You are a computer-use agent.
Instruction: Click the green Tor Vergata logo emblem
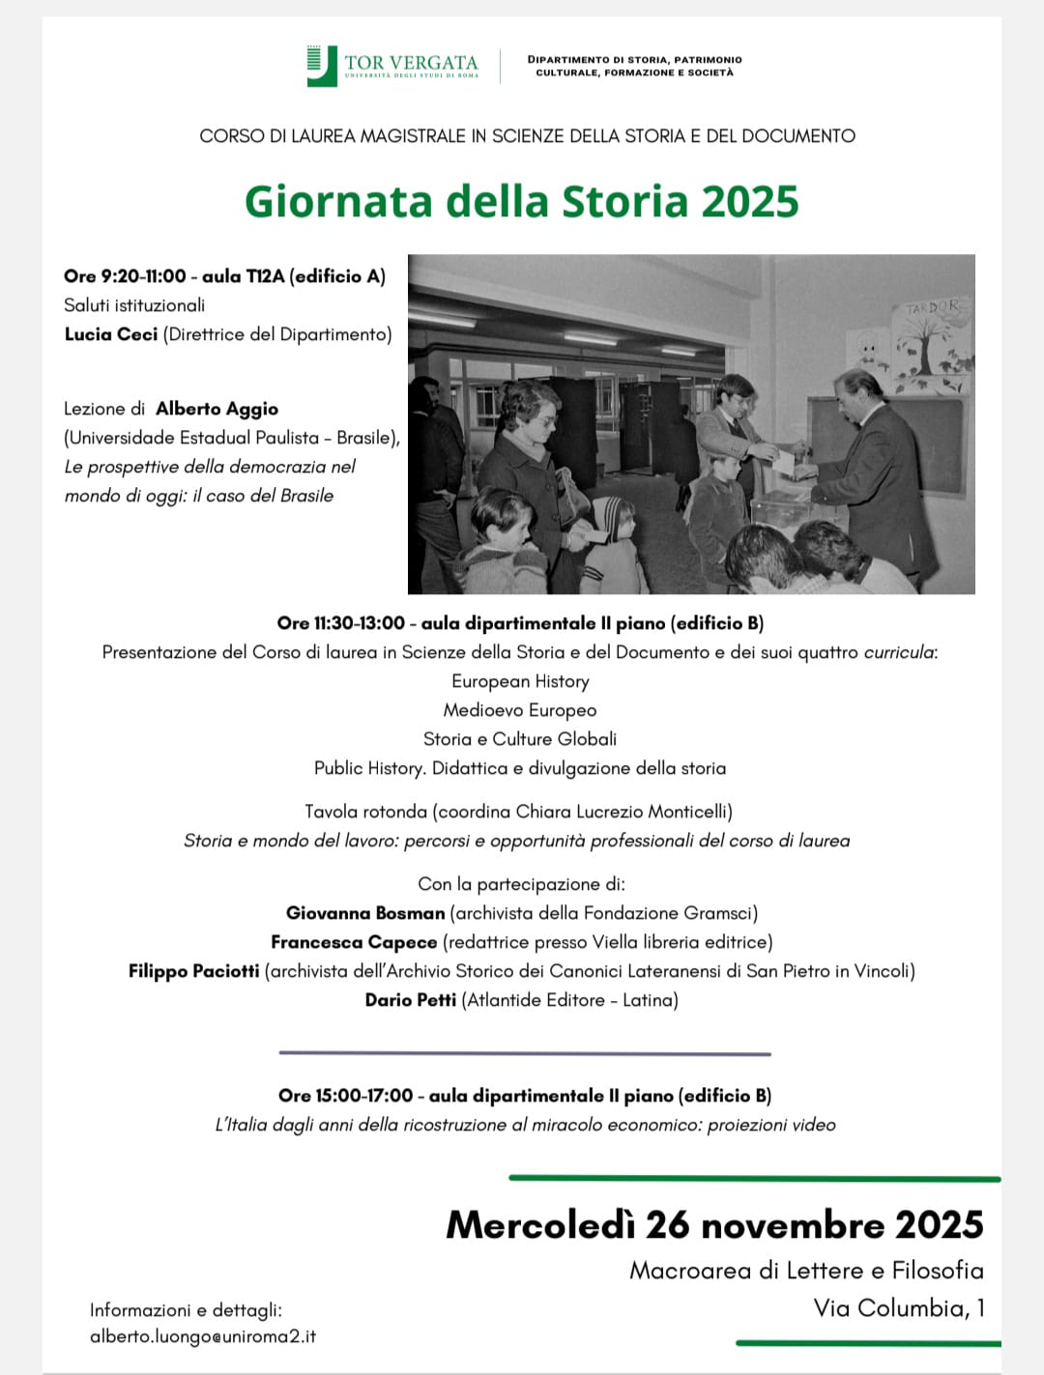point(321,66)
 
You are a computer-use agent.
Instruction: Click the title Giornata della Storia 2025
point(521,202)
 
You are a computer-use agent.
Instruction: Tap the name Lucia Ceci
point(111,334)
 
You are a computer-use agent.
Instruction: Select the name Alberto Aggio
point(217,409)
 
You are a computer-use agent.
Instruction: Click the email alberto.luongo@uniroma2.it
point(203,1336)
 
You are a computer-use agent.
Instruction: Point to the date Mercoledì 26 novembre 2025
point(714,1224)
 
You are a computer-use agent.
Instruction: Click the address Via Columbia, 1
point(899,1308)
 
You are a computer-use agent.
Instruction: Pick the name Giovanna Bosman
point(365,913)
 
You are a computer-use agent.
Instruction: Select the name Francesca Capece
point(354,942)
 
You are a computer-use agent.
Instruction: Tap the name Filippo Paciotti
point(193,971)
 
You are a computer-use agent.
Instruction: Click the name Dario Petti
point(410,1000)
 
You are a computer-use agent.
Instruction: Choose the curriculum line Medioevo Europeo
point(520,710)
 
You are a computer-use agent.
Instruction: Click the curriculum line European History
point(520,681)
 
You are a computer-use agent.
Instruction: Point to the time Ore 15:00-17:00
point(345,1096)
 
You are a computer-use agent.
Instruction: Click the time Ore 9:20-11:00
point(125,276)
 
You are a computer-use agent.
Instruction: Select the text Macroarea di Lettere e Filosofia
point(806,1270)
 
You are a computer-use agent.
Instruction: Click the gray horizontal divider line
point(524,1053)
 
